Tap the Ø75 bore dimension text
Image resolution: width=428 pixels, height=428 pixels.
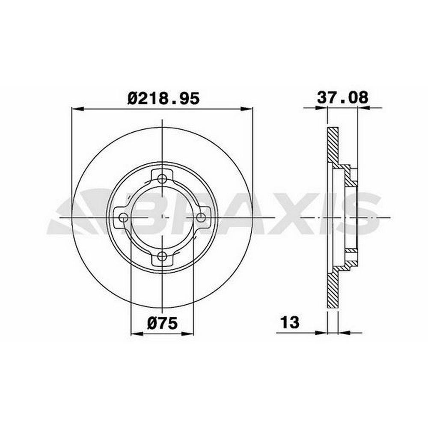click(x=162, y=323)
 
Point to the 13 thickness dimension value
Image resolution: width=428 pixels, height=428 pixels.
click(x=290, y=322)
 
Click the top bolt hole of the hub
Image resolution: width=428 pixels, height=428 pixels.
click(x=162, y=179)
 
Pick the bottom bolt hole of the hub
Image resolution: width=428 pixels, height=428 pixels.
click(x=162, y=256)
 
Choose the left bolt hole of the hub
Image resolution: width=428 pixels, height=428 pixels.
click(x=124, y=217)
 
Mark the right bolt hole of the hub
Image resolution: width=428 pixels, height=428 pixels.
click(x=201, y=217)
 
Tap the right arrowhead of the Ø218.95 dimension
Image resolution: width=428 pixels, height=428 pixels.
click(x=247, y=109)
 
